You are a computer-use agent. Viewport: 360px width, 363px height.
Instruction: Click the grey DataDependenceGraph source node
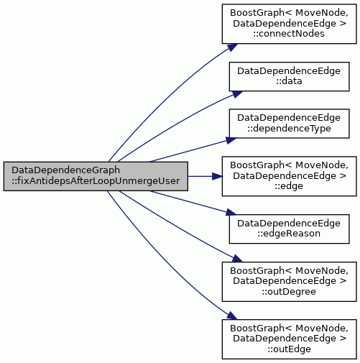tap(96, 176)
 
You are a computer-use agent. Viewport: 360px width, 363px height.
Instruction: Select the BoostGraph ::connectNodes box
tap(289, 24)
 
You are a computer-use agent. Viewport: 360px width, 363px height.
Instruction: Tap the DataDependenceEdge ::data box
tap(289, 76)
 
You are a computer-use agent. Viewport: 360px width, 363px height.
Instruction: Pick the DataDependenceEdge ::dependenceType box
tap(289, 124)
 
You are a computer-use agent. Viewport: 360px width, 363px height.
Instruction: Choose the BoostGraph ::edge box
tap(289, 176)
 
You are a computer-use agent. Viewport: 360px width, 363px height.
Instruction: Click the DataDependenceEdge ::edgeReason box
tap(289, 229)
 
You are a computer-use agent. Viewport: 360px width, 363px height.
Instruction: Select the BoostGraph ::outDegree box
tap(289, 282)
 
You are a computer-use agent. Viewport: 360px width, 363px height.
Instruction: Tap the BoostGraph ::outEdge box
tap(289, 339)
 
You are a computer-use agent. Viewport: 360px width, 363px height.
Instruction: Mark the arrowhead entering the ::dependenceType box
tap(231, 140)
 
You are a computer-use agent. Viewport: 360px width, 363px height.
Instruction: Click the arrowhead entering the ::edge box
tap(217, 176)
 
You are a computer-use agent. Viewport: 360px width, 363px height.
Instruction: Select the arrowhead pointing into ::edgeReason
tap(231, 212)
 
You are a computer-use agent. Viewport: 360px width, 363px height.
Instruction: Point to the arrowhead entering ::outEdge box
tap(232, 316)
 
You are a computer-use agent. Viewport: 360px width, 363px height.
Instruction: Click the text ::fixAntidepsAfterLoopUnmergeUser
tap(96, 181)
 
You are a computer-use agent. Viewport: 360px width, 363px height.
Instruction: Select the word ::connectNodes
tap(289, 34)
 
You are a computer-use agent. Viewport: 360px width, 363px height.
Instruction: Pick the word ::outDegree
tap(289, 292)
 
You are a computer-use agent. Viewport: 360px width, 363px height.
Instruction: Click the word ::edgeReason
tap(289, 234)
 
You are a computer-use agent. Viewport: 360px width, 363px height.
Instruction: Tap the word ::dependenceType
tap(289, 129)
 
